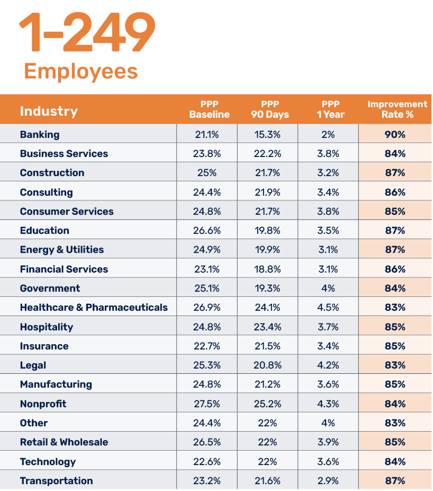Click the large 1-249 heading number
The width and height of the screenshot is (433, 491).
87,33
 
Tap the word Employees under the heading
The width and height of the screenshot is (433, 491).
80,71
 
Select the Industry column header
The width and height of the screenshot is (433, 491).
49,111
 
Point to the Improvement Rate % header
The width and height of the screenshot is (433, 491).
397,109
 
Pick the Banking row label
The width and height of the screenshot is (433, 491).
40,135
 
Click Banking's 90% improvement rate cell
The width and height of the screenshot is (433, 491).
395,135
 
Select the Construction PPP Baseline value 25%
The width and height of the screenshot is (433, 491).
206,173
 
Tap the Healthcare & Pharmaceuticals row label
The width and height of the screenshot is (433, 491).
94,308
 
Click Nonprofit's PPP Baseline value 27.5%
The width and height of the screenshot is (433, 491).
206,404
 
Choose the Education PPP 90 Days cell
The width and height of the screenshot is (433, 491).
267,231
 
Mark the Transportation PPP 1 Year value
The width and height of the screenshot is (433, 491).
328,481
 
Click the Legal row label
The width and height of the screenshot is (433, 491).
33,365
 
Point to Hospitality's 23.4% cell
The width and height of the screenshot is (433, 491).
267,327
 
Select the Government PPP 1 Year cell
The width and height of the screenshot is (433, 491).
328,288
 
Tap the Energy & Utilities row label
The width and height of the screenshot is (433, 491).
62,250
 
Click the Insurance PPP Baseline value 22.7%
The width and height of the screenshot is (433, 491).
206,346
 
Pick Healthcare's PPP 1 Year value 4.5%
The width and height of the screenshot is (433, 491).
328,308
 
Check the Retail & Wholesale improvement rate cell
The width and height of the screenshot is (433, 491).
395,442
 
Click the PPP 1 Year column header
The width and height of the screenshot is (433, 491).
330,109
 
